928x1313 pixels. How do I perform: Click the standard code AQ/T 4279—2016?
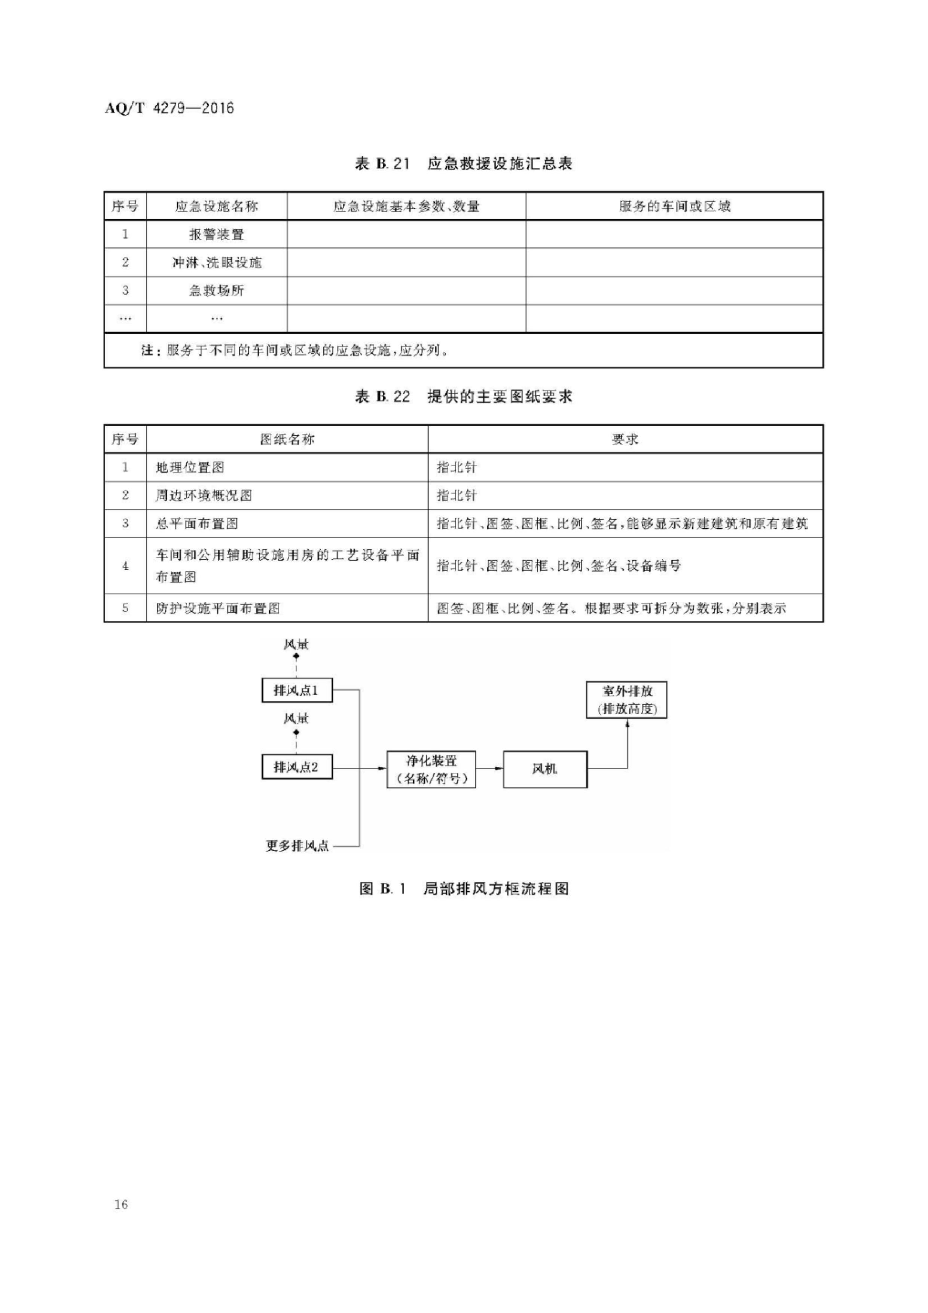click(x=169, y=108)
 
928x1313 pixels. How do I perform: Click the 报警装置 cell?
click(x=217, y=235)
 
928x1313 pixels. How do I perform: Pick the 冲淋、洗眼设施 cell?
click(x=217, y=262)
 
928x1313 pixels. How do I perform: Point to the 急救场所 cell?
click(x=217, y=290)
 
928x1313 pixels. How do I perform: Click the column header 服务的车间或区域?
click(x=674, y=207)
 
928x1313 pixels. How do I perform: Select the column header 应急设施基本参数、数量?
click(x=406, y=207)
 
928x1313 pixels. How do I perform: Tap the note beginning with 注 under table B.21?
click(x=294, y=350)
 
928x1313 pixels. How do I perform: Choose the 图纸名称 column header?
click(x=287, y=439)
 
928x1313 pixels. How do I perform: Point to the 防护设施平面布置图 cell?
click(x=218, y=608)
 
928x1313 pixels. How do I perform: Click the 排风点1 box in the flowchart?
click(x=297, y=690)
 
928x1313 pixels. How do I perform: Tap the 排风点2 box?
click(x=297, y=767)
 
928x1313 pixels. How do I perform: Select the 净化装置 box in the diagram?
click(x=431, y=769)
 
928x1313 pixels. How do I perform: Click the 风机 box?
click(x=545, y=769)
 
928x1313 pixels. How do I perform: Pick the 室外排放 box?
click(x=627, y=699)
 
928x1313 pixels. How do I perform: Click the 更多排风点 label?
click(x=297, y=845)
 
